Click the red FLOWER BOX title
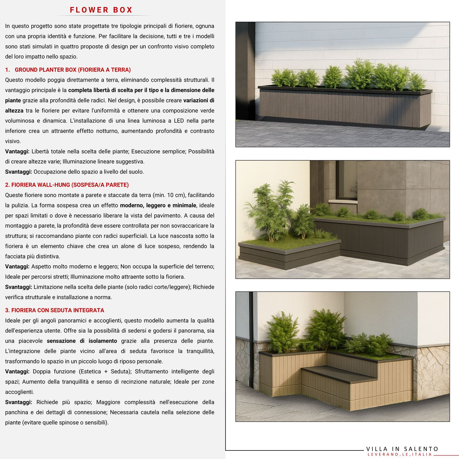tap(101, 10)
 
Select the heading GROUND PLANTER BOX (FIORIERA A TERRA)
tap(73, 70)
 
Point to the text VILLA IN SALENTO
tap(402, 449)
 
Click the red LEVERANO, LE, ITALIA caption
tap(400, 454)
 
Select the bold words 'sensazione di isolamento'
tap(82, 341)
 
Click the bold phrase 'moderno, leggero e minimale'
tap(158, 205)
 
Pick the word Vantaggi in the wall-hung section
tap(17, 267)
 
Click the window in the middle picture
tap(346, 181)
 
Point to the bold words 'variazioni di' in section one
tap(199, 100)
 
